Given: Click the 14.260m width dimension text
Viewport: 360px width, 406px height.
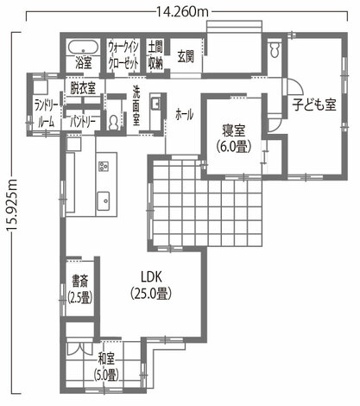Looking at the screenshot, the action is point(182,11).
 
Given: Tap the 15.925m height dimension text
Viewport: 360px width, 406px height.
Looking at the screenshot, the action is point(12,205).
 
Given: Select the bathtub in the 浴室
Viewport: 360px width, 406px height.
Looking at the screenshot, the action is point(84,48).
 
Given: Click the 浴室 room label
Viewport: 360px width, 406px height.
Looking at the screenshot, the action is point(84,63).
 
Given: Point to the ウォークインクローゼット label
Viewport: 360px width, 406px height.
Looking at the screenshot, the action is point(123,55).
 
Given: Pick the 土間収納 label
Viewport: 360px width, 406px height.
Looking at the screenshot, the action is point(155,55).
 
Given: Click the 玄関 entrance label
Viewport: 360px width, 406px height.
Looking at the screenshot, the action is point(185,56).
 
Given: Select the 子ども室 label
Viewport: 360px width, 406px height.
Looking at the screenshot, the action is point(314,105).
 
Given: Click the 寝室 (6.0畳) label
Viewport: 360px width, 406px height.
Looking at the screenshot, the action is point(234,138).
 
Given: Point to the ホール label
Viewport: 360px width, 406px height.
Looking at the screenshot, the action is point(184,115).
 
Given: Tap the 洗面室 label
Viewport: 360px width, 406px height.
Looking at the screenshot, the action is point(136,105).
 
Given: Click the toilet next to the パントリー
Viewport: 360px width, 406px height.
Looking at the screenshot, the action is point(114,123).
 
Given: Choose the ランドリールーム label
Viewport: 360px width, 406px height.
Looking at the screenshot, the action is point(46,113).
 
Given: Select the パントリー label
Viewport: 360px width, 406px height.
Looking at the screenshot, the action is point(83,123).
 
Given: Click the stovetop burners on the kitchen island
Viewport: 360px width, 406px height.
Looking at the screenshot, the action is point(104,167).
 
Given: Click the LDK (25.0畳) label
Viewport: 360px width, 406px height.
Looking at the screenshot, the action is point(151,285).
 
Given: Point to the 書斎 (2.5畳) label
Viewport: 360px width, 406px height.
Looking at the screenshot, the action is point(80,289).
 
